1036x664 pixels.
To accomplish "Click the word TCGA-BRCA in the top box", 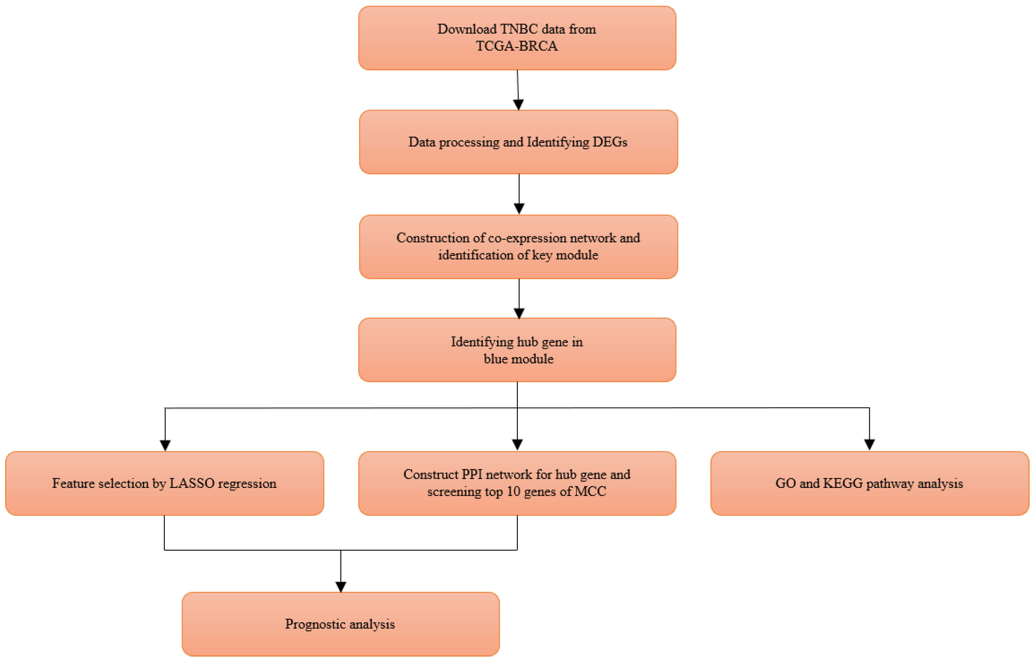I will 517,46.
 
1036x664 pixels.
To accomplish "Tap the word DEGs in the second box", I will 609,142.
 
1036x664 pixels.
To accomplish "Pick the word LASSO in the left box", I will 192,483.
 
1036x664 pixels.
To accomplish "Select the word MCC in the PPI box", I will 591,491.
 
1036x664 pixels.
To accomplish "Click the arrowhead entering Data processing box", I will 518,105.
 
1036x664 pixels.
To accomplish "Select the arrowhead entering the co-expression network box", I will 519,209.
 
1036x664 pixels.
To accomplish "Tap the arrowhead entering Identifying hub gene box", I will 519,313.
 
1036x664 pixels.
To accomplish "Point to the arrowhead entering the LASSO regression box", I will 165,445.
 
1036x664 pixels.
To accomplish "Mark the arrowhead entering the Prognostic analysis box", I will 341,586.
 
